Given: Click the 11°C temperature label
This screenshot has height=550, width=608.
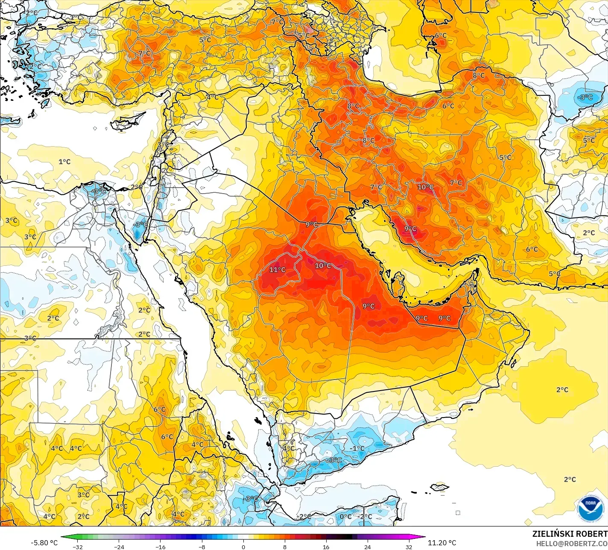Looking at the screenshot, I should click(x=277, y=270).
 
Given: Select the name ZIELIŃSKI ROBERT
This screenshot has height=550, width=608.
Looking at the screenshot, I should click(x=570, y=534).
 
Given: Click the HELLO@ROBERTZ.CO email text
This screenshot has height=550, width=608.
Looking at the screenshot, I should click(x=572, y=543).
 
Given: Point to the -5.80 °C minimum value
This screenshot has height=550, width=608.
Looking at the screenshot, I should click(x=44, y=543).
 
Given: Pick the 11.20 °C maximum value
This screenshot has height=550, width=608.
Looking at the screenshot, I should click(x=442, y=543).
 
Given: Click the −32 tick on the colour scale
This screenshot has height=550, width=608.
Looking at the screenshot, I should click(x=77, y=547).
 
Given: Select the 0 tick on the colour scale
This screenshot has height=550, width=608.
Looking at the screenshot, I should click(x=243, y=547).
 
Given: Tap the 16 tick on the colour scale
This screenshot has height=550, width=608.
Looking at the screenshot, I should click(x=326, y=547).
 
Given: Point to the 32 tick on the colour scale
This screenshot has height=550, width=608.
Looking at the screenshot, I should click(x=409, y=547).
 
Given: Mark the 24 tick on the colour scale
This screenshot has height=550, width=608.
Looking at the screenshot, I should click(x=367, y=547).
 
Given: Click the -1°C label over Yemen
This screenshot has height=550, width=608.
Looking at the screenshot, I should click(x=358, y=448).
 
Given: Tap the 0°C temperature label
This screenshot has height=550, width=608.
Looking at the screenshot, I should click(x=345, y=517).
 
